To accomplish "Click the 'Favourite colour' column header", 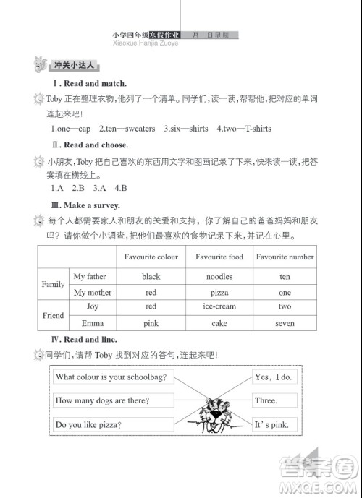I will coord(151,257).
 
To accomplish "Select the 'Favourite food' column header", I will coord(219,257).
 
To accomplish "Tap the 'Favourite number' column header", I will coord(285,257).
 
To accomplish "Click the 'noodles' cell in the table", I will coord(219,277).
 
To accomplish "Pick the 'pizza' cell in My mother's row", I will coord(219,293).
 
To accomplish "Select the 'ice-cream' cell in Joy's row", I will coord(219,307).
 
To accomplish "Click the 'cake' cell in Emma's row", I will coord(219,324).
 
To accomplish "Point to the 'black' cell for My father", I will coord(151,277).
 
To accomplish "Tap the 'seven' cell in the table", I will coord(285,324).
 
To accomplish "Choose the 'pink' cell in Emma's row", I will coord(151,324).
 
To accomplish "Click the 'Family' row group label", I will coord(53,285).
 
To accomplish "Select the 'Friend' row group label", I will coord(53,316).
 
